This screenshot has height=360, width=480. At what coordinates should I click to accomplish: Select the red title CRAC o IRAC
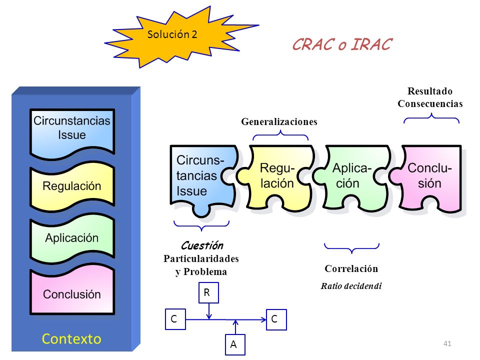coord(342,44)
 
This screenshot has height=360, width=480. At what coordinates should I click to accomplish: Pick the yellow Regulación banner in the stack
coord(72,186)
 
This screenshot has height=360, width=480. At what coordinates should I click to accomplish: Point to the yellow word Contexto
coord(71,339)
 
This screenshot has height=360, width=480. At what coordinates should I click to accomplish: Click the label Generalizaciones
coord(279,121)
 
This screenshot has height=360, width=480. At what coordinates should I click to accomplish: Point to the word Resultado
coord(430,91)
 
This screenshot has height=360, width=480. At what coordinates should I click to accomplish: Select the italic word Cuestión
coord(202,245)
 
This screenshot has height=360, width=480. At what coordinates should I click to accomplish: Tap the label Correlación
coord(351,268)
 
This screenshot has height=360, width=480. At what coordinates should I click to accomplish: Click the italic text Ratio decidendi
coord(351,286)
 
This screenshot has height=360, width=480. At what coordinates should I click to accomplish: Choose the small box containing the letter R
coord(209,292)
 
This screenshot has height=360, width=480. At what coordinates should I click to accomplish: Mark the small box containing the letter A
coord(235,344)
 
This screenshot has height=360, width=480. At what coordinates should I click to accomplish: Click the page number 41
coord(447,343)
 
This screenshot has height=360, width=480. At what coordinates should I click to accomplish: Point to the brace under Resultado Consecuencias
coord(431,118)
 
